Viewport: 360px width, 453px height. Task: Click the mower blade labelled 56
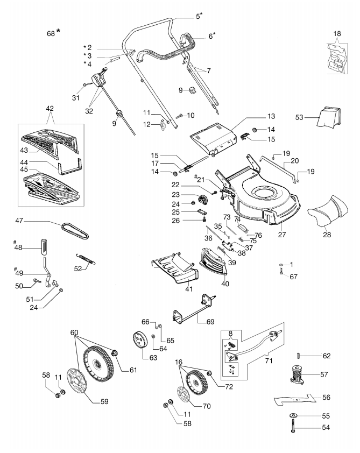tap(295, 400)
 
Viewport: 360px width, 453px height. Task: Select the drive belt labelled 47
tap(75, 230)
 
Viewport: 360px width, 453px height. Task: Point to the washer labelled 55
tap(293, 415)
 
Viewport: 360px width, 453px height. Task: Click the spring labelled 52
tap(86, 259)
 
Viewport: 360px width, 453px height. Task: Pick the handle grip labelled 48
tap(44, 247)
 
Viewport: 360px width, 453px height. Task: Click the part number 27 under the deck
tap(281, 235)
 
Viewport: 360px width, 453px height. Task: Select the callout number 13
tap(271, 116)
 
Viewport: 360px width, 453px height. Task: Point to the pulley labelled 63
tap(140, 340)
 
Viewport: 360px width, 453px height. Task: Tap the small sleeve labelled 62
tap(299, 356)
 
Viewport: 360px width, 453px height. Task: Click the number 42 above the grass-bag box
tap(50, 109)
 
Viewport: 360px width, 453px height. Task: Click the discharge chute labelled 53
tap(329, 117)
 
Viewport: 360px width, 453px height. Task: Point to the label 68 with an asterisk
tap(54, 33)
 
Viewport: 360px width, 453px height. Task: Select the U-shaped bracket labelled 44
tap(69, 166)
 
